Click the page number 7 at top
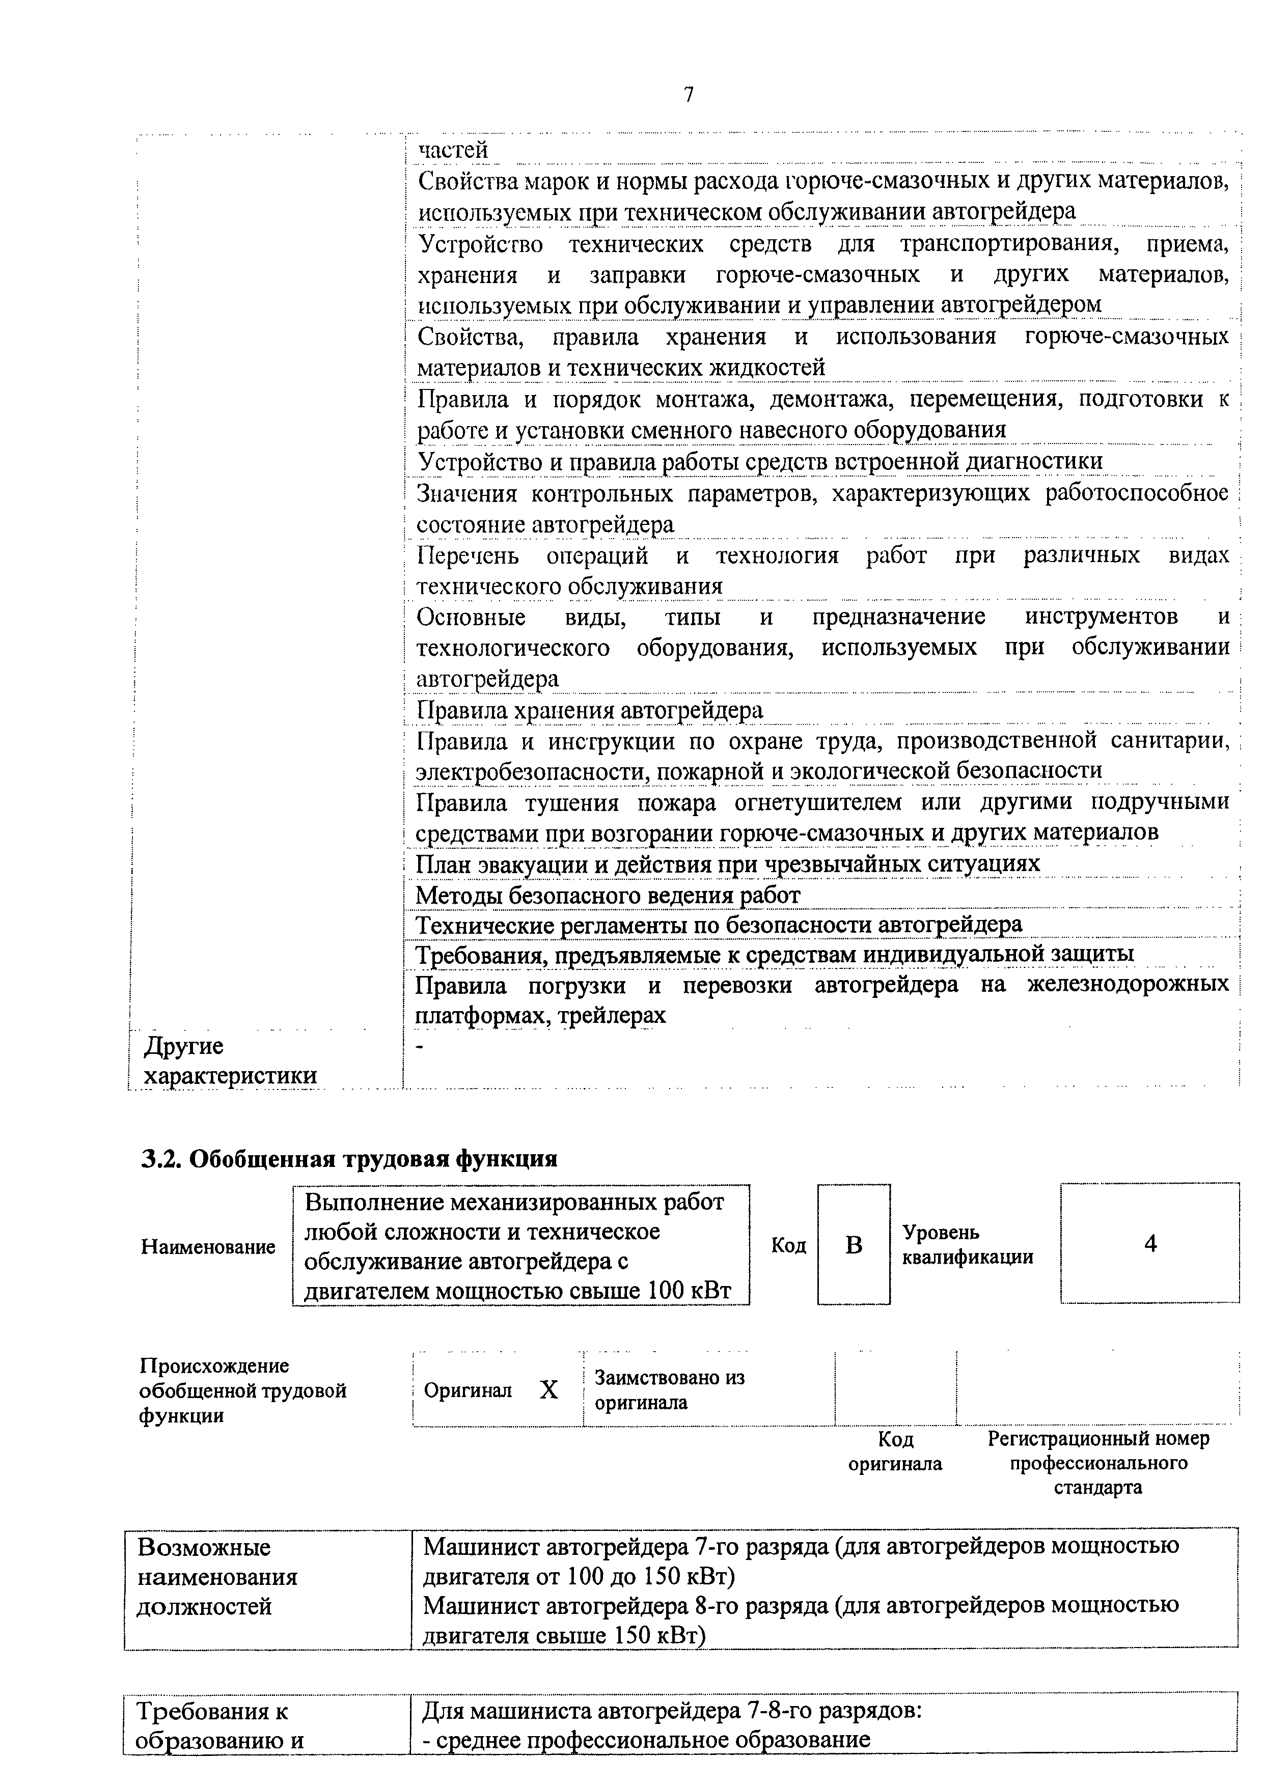pos(688,95)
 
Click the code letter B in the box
pos(854,1245)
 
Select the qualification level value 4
pos(1150,1244)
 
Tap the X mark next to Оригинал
pos(548,1390)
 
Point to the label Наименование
pos(208,1247)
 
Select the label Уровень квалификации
pos(967,1245)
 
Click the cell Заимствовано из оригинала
pos(669,1390)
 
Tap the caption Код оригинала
pos(895,1452)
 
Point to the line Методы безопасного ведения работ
pos(608,896)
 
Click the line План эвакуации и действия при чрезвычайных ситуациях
pos(728,864)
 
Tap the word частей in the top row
pos(454,149)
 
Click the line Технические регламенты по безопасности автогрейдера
pos(718,925)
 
